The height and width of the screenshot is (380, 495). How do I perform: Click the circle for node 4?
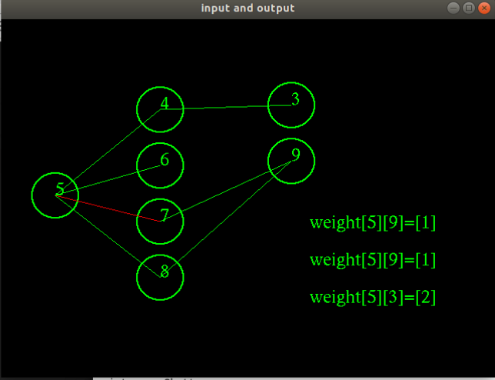pyautogui.click(x=137, y=109)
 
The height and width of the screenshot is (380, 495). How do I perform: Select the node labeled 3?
pyautogui.click(x=268, y=105)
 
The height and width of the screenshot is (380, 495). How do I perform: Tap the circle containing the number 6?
pyautogui.click(x=137, y=165)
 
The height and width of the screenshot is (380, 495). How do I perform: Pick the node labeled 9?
pyautogui.click(x=268, y=161)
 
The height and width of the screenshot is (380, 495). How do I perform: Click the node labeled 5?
pyautogui.click(x=32, y=195)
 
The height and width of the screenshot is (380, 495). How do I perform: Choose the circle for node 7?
pyautogui.click(x=137, y=222)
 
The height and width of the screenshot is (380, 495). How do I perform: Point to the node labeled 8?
pyautogui.click(x=137, y=278)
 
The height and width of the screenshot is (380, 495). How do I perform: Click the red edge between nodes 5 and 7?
pyautogui.click(x=108, y=208)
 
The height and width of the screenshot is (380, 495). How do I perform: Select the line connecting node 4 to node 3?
pyautogui.click(x=225, y=107)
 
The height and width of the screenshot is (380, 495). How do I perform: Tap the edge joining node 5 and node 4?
pyautogui.click(x=108, y=152)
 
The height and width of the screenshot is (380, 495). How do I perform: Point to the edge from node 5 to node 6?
pyautogui.click(x=108, y=180)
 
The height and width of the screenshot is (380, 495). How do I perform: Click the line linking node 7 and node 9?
pyautogui.click(x=225, y=191)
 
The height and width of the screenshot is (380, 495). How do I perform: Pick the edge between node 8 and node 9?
pyautogui.click(x=225, y=219)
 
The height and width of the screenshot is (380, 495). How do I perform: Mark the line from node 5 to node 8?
pyautogui.click(x=108, y=236)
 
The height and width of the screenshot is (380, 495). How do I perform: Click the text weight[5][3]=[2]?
pyautogui.click(x=373, y=297)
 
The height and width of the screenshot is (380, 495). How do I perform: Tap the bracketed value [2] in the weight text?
pyautogui.click(x=426, y=297)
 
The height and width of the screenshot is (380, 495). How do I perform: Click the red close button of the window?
pyautogui.click(x=484, y=8)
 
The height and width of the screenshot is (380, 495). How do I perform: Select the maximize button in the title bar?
pyautogui.click(x=469, y=8)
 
